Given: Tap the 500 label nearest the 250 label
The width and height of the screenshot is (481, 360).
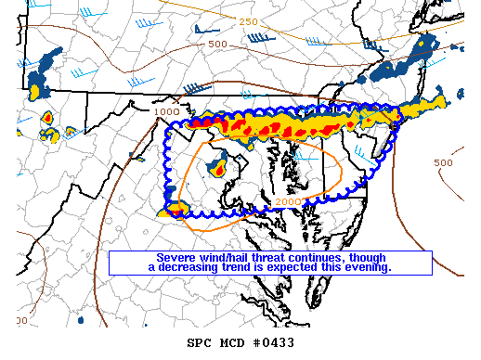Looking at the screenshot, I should click(217, 44).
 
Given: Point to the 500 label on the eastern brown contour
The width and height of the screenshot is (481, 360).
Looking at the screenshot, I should click(444, 162).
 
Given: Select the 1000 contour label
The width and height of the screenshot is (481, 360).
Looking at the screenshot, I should click(167, 111).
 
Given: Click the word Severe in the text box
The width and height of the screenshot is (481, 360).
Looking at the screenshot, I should click(176, 257).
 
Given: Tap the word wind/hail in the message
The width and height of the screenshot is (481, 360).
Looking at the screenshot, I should click(227, 257).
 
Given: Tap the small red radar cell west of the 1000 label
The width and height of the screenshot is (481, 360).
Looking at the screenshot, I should click(46, 118).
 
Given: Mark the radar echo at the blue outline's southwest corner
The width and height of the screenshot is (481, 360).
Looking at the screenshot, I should click(173, 212).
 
